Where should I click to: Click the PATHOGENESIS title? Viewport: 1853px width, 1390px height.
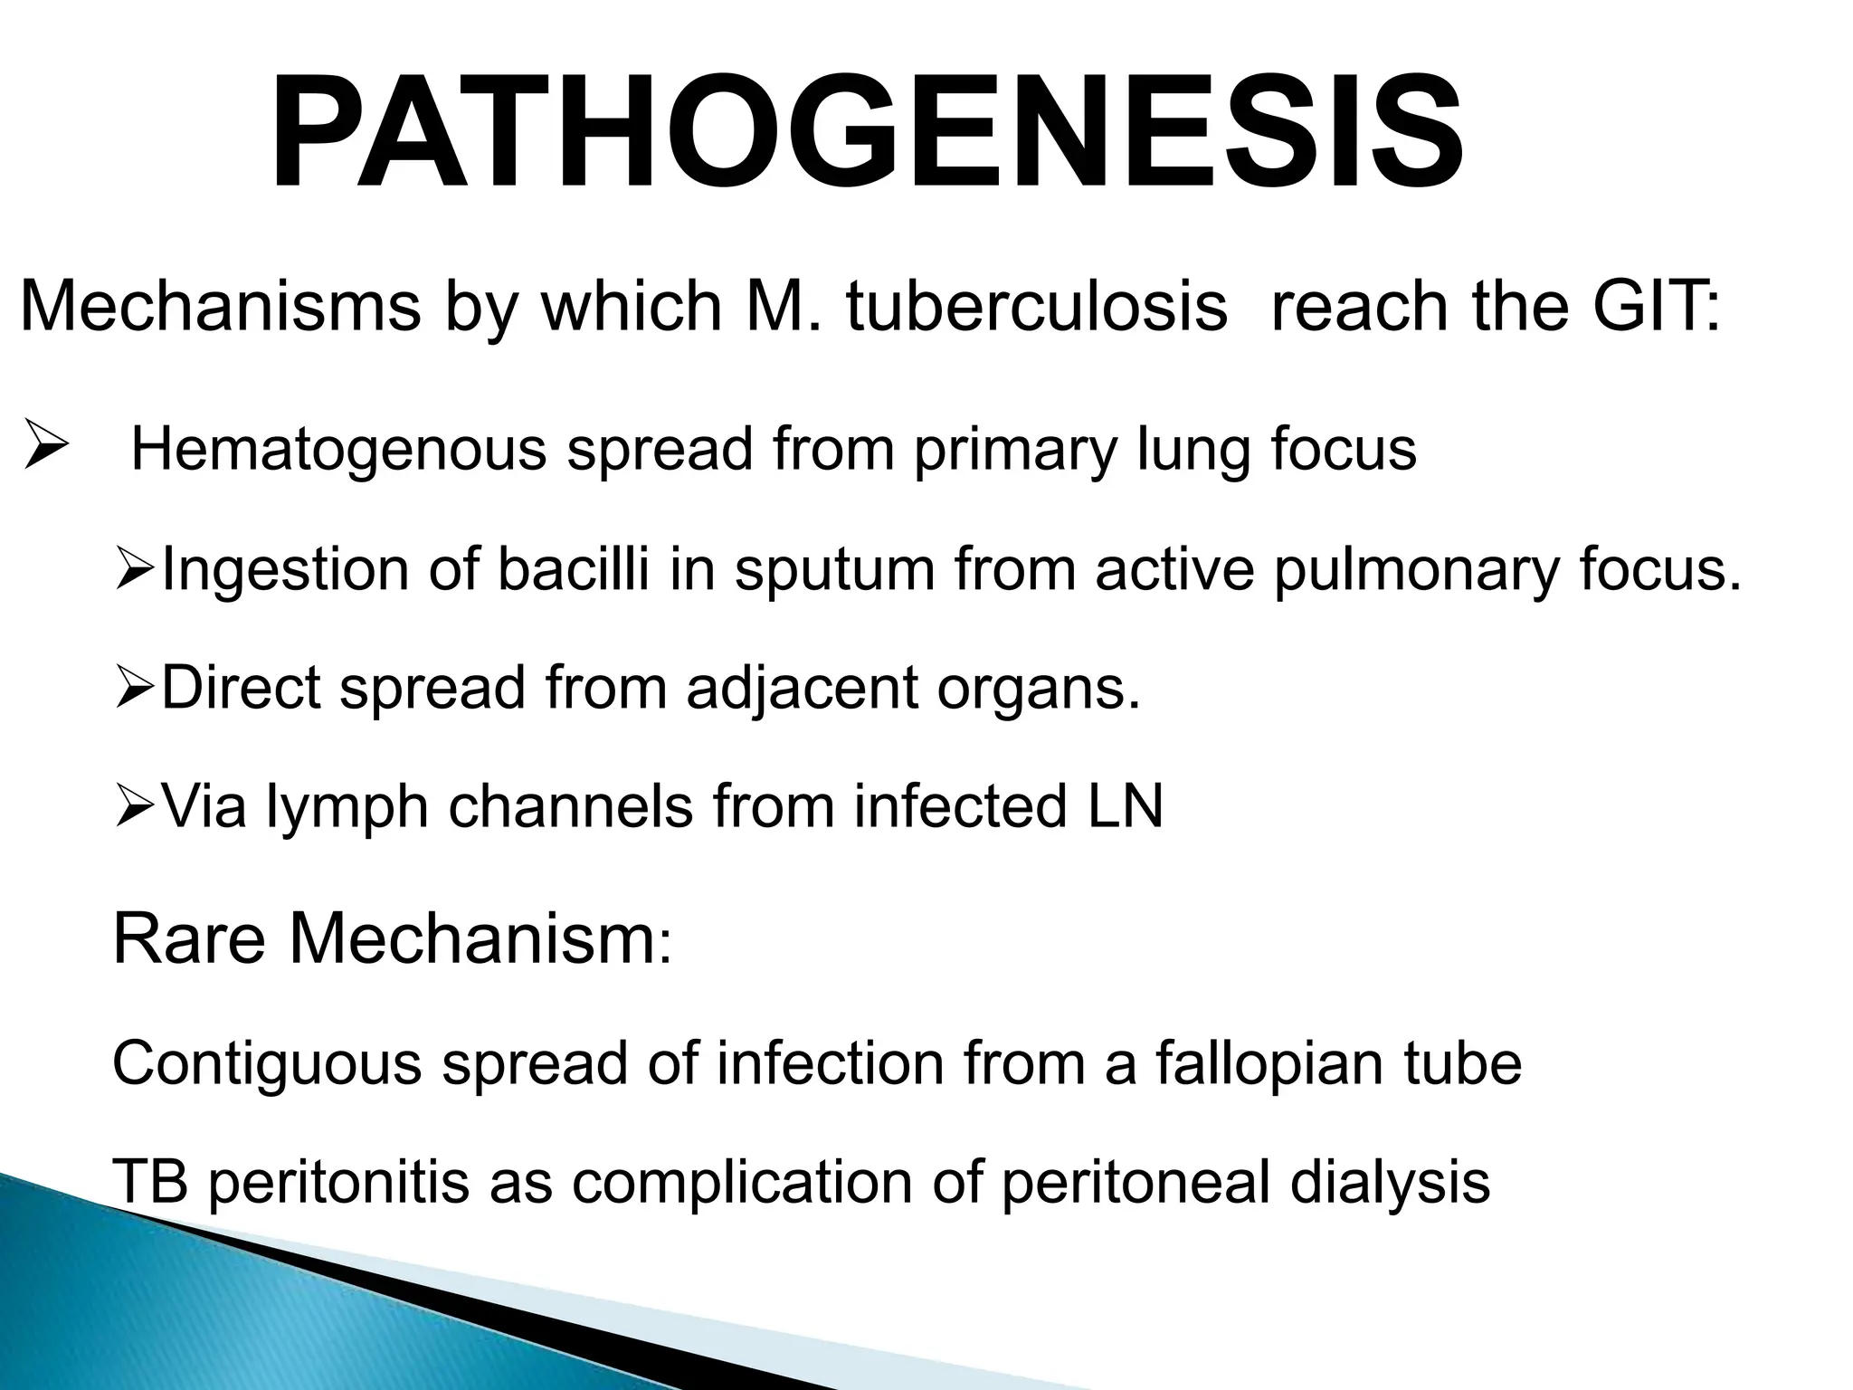pyautogui.click(x=866, y=134)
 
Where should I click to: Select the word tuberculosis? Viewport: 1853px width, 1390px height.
pyautogui.click(x=1037, y=308)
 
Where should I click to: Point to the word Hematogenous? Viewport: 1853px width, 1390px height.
pyautogui.click(x=338, y=450)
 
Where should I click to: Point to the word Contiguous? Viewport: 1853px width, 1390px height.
pyautogui.click(x=267, y=1063)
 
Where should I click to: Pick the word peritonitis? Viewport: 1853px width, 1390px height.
pyautogui.click(x=338, y=1182)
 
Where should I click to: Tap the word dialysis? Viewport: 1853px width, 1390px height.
pyautogui.click(x=1390, y=1182)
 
